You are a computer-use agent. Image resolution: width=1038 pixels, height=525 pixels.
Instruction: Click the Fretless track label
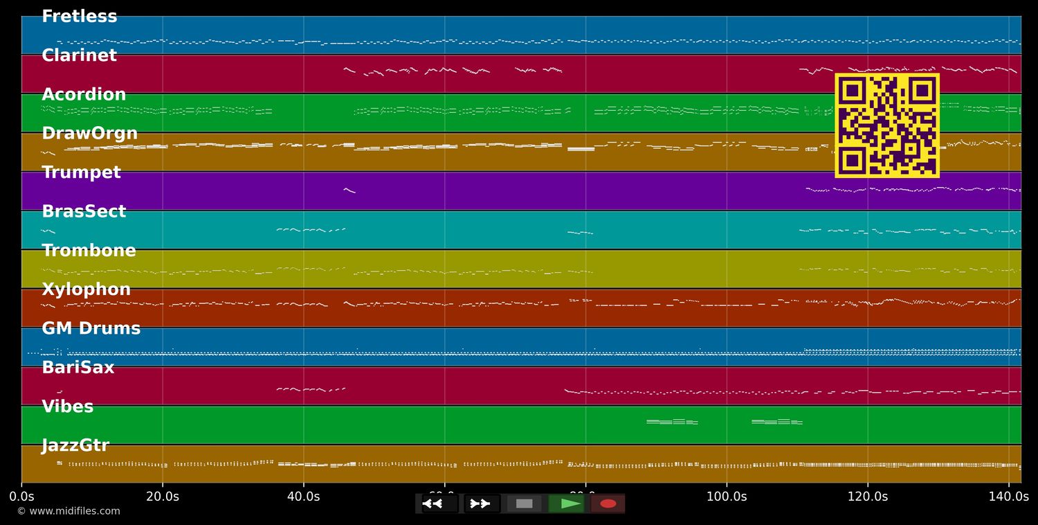(79, 17)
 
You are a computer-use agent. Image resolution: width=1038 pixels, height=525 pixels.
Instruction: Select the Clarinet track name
(79, 55)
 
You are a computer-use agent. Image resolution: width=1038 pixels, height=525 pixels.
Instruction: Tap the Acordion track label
(84, 95)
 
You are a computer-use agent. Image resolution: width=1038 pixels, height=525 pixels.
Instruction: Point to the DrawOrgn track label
(89, 134)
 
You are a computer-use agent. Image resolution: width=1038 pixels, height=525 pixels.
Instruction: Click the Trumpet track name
(81, 172)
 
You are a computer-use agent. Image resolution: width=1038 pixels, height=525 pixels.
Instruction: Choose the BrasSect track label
(84, 212)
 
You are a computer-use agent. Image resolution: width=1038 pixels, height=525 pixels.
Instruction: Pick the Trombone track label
(89, 251)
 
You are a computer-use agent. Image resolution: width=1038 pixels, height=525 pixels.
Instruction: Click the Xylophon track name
(86, 290)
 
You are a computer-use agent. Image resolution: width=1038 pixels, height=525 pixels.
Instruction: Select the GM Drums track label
(91, 329)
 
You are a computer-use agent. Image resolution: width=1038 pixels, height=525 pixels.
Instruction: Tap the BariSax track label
(78, 368)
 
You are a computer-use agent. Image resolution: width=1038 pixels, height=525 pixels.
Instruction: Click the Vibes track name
(67, 407)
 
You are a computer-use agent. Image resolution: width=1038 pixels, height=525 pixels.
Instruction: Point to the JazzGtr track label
(75, 446)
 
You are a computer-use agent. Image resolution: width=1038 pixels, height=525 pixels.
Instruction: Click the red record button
(608, 504)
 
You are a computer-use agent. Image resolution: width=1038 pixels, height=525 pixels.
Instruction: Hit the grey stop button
(525, 504)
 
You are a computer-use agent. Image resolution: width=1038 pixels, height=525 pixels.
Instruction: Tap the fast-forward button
(481, 504)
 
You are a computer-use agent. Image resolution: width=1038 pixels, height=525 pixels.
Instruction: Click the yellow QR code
(886, 125)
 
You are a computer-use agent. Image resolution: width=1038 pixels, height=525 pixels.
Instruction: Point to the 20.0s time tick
(163, 497)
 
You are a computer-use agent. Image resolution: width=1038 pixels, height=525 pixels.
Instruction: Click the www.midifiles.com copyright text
(69, 511)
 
